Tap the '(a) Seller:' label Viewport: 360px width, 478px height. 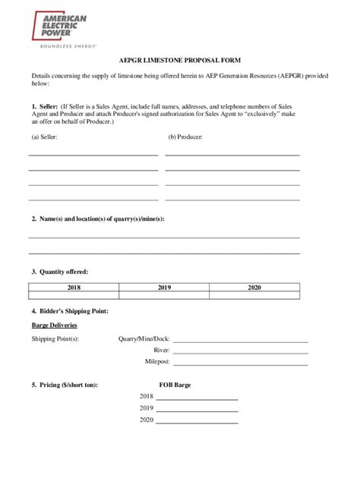pos(44,138)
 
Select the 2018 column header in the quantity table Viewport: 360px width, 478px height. pos(74,288)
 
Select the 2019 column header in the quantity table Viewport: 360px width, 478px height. pos(164,288)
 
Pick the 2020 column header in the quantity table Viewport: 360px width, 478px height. pos(254,288)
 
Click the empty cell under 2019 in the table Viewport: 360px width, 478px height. pos(164,297)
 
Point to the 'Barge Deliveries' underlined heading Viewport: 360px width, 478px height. pos(55,325)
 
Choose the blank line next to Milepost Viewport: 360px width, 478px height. pos(240,364)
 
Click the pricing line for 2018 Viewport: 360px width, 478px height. pos(197,398)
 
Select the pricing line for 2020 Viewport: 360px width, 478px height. pos(197,421)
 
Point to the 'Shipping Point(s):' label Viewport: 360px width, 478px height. pos(55,339)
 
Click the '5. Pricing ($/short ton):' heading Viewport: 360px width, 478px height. pos(65,385)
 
